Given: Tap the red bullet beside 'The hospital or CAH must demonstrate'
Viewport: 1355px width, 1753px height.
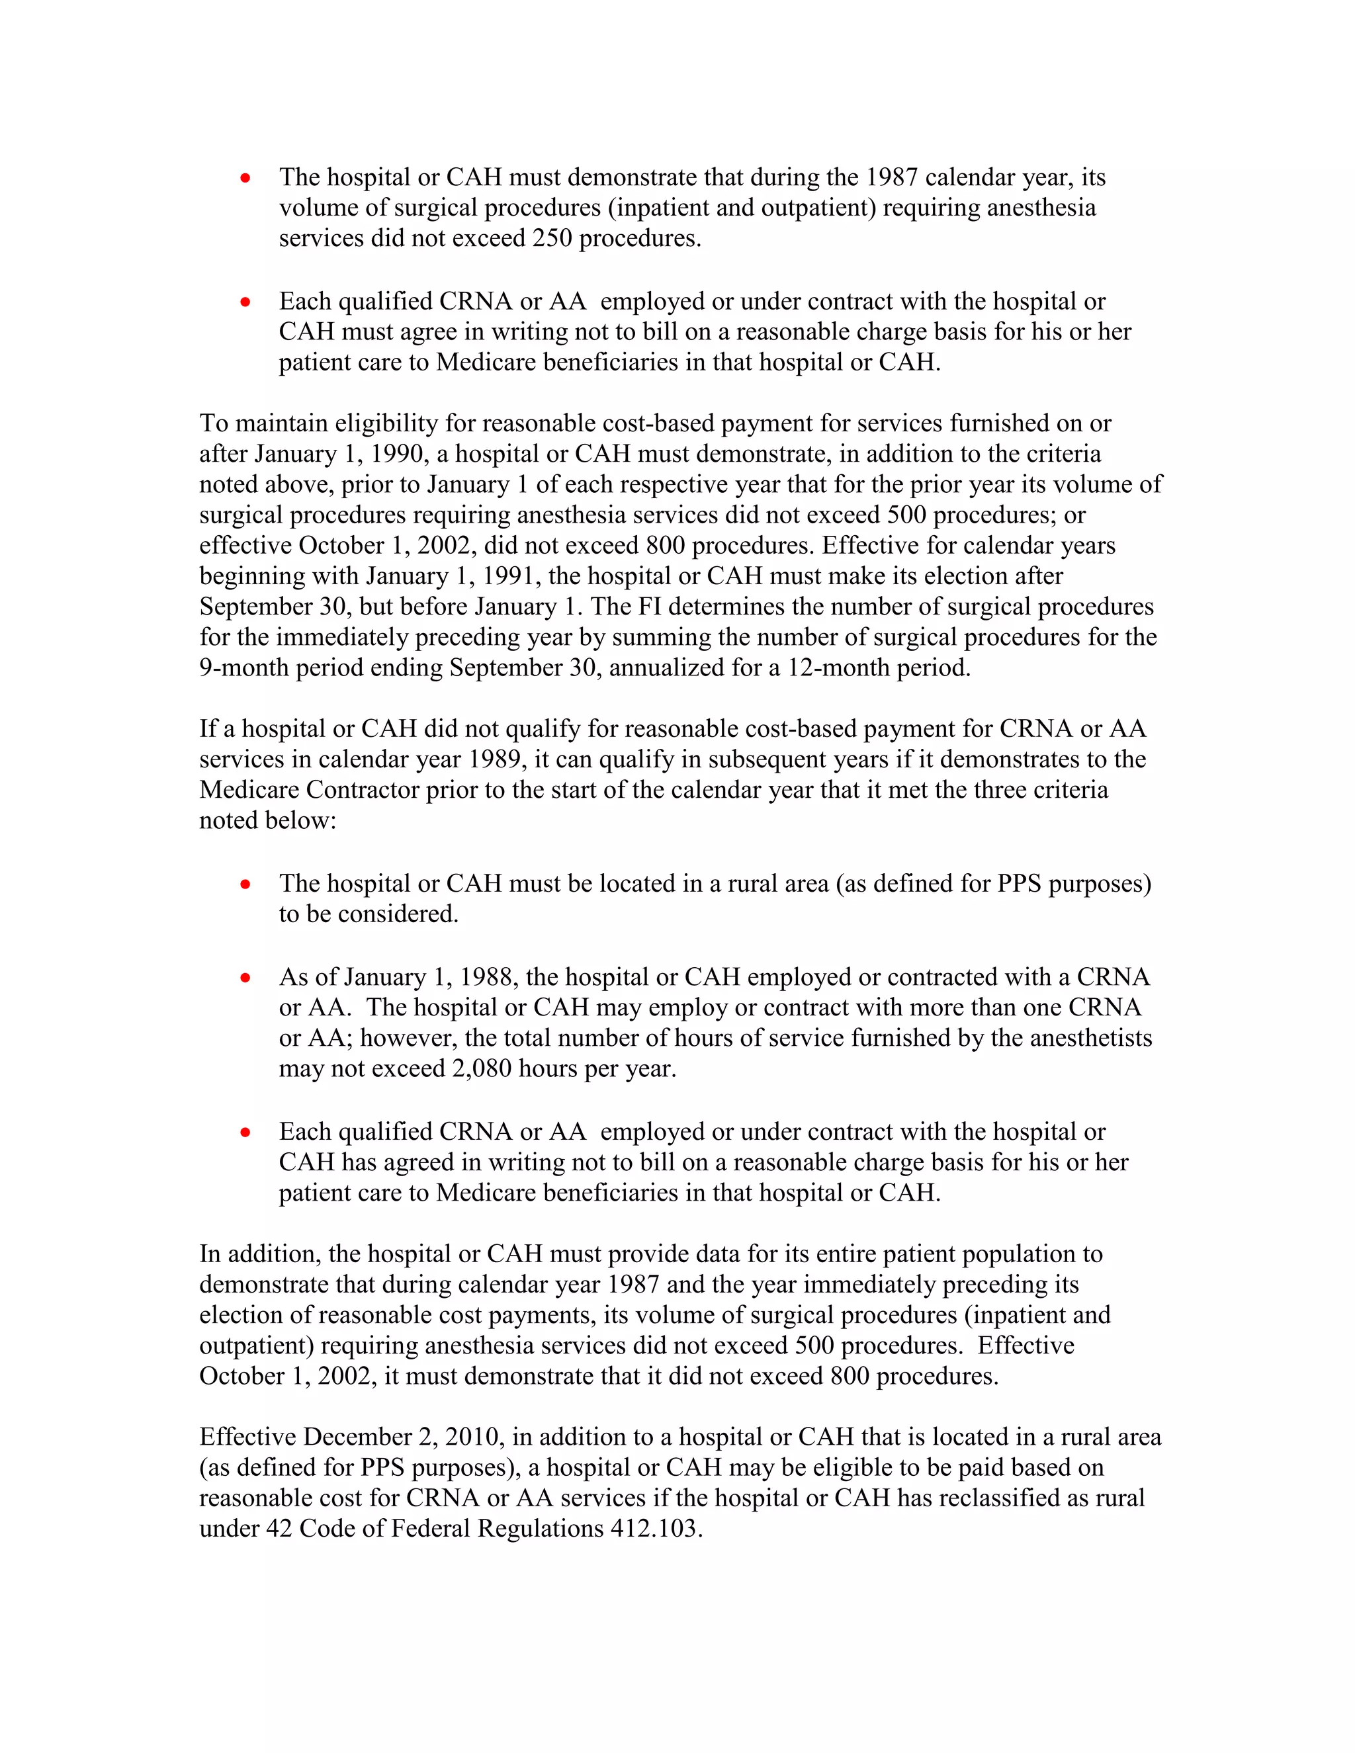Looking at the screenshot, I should pyautogui.click(x=245, y=177).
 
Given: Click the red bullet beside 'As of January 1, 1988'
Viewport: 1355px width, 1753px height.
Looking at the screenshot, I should pyautogui.click(x=245, y=978).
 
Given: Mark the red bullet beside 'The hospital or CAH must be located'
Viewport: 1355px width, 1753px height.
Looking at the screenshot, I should pyautogui.click(x=245, y=884).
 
